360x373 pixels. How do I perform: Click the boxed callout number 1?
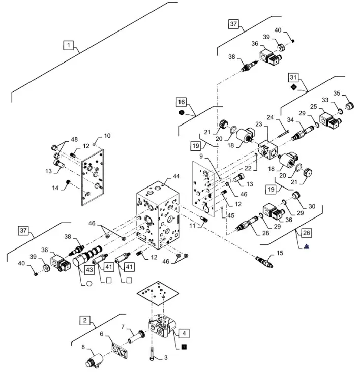[x=69, y=46]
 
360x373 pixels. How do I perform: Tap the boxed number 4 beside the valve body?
[x=184, y=334]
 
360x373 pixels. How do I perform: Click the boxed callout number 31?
[x=293, y=77]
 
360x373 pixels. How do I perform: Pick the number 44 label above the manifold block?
[x=176, y=176]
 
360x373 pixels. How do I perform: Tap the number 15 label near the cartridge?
[x=279, y=253]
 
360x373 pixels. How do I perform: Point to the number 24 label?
[x=271, y=117]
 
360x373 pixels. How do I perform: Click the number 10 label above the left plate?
[x=106, y=136]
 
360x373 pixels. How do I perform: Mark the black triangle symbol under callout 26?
[x=307, y=246]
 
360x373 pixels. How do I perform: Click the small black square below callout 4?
[x=184, y=347]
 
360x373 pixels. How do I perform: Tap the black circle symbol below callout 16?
[x=182, y=113]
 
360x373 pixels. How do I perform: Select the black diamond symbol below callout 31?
[x=293, y=87]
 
